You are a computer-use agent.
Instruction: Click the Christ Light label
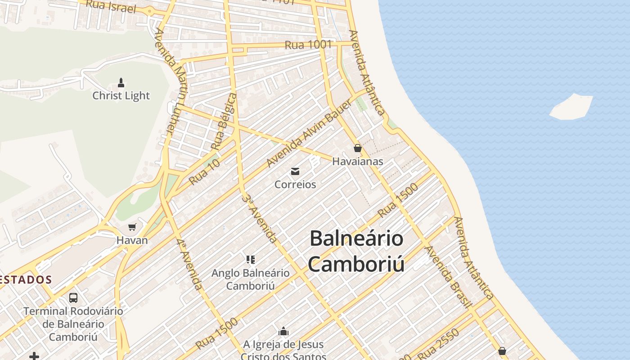point(121,95)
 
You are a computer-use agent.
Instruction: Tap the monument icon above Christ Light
point(121,82)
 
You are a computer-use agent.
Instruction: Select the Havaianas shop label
point(358,161)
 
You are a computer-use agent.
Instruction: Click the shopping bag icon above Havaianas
point(358,148)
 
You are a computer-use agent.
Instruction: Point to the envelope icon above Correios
point(295,171)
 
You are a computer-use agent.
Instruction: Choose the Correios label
point(295,184)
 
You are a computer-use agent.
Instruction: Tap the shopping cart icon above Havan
point(132,227)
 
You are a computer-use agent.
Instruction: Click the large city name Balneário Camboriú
point(356,251)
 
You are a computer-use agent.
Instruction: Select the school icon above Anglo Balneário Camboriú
point(251,259)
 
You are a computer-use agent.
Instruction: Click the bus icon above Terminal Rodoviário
point(73,297)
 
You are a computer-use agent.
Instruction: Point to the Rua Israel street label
point(110,6)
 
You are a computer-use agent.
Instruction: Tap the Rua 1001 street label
point(308,45)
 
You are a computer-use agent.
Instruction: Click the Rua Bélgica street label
point(224,121)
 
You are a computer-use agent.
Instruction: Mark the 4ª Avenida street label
point(189,264)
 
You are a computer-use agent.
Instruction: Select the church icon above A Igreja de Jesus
point(283,332)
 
